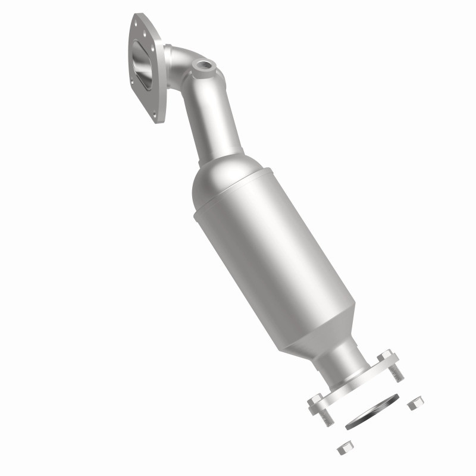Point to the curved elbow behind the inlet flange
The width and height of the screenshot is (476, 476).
point(181,65)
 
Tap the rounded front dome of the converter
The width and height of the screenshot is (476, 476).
point(220,178)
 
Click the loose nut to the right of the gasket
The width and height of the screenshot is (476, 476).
point(414,405)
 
